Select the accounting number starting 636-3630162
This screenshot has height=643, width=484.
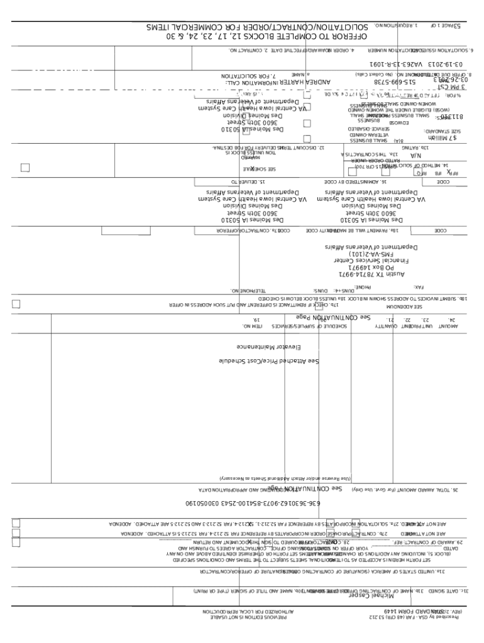click(x=252, y=504)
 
